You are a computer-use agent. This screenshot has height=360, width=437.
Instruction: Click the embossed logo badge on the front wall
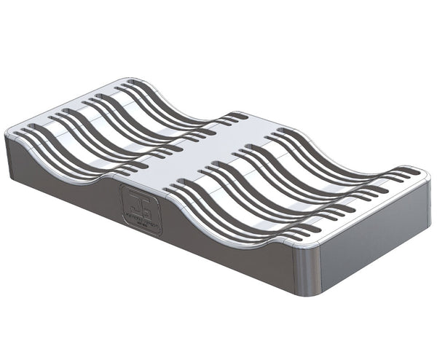(x=141, y=208)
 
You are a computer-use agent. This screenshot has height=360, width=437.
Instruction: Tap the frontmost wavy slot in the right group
(x=240, y=219)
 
